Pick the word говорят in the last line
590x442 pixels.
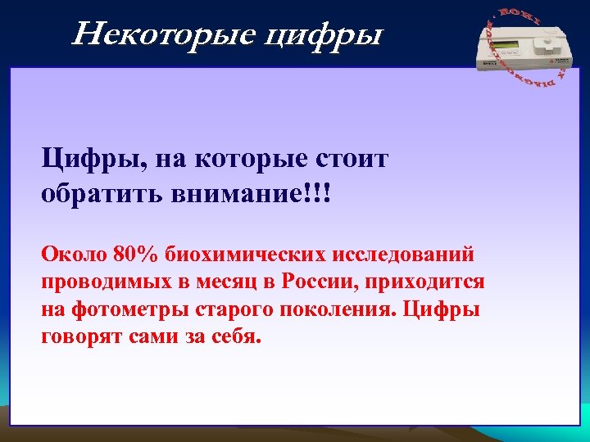82,338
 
